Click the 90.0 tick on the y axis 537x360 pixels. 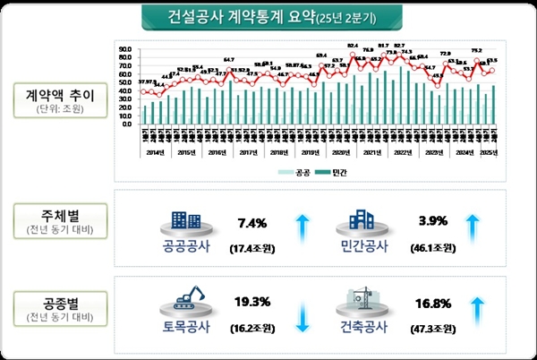[x=125, y=49]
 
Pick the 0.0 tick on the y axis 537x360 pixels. [x=127, y=124]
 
